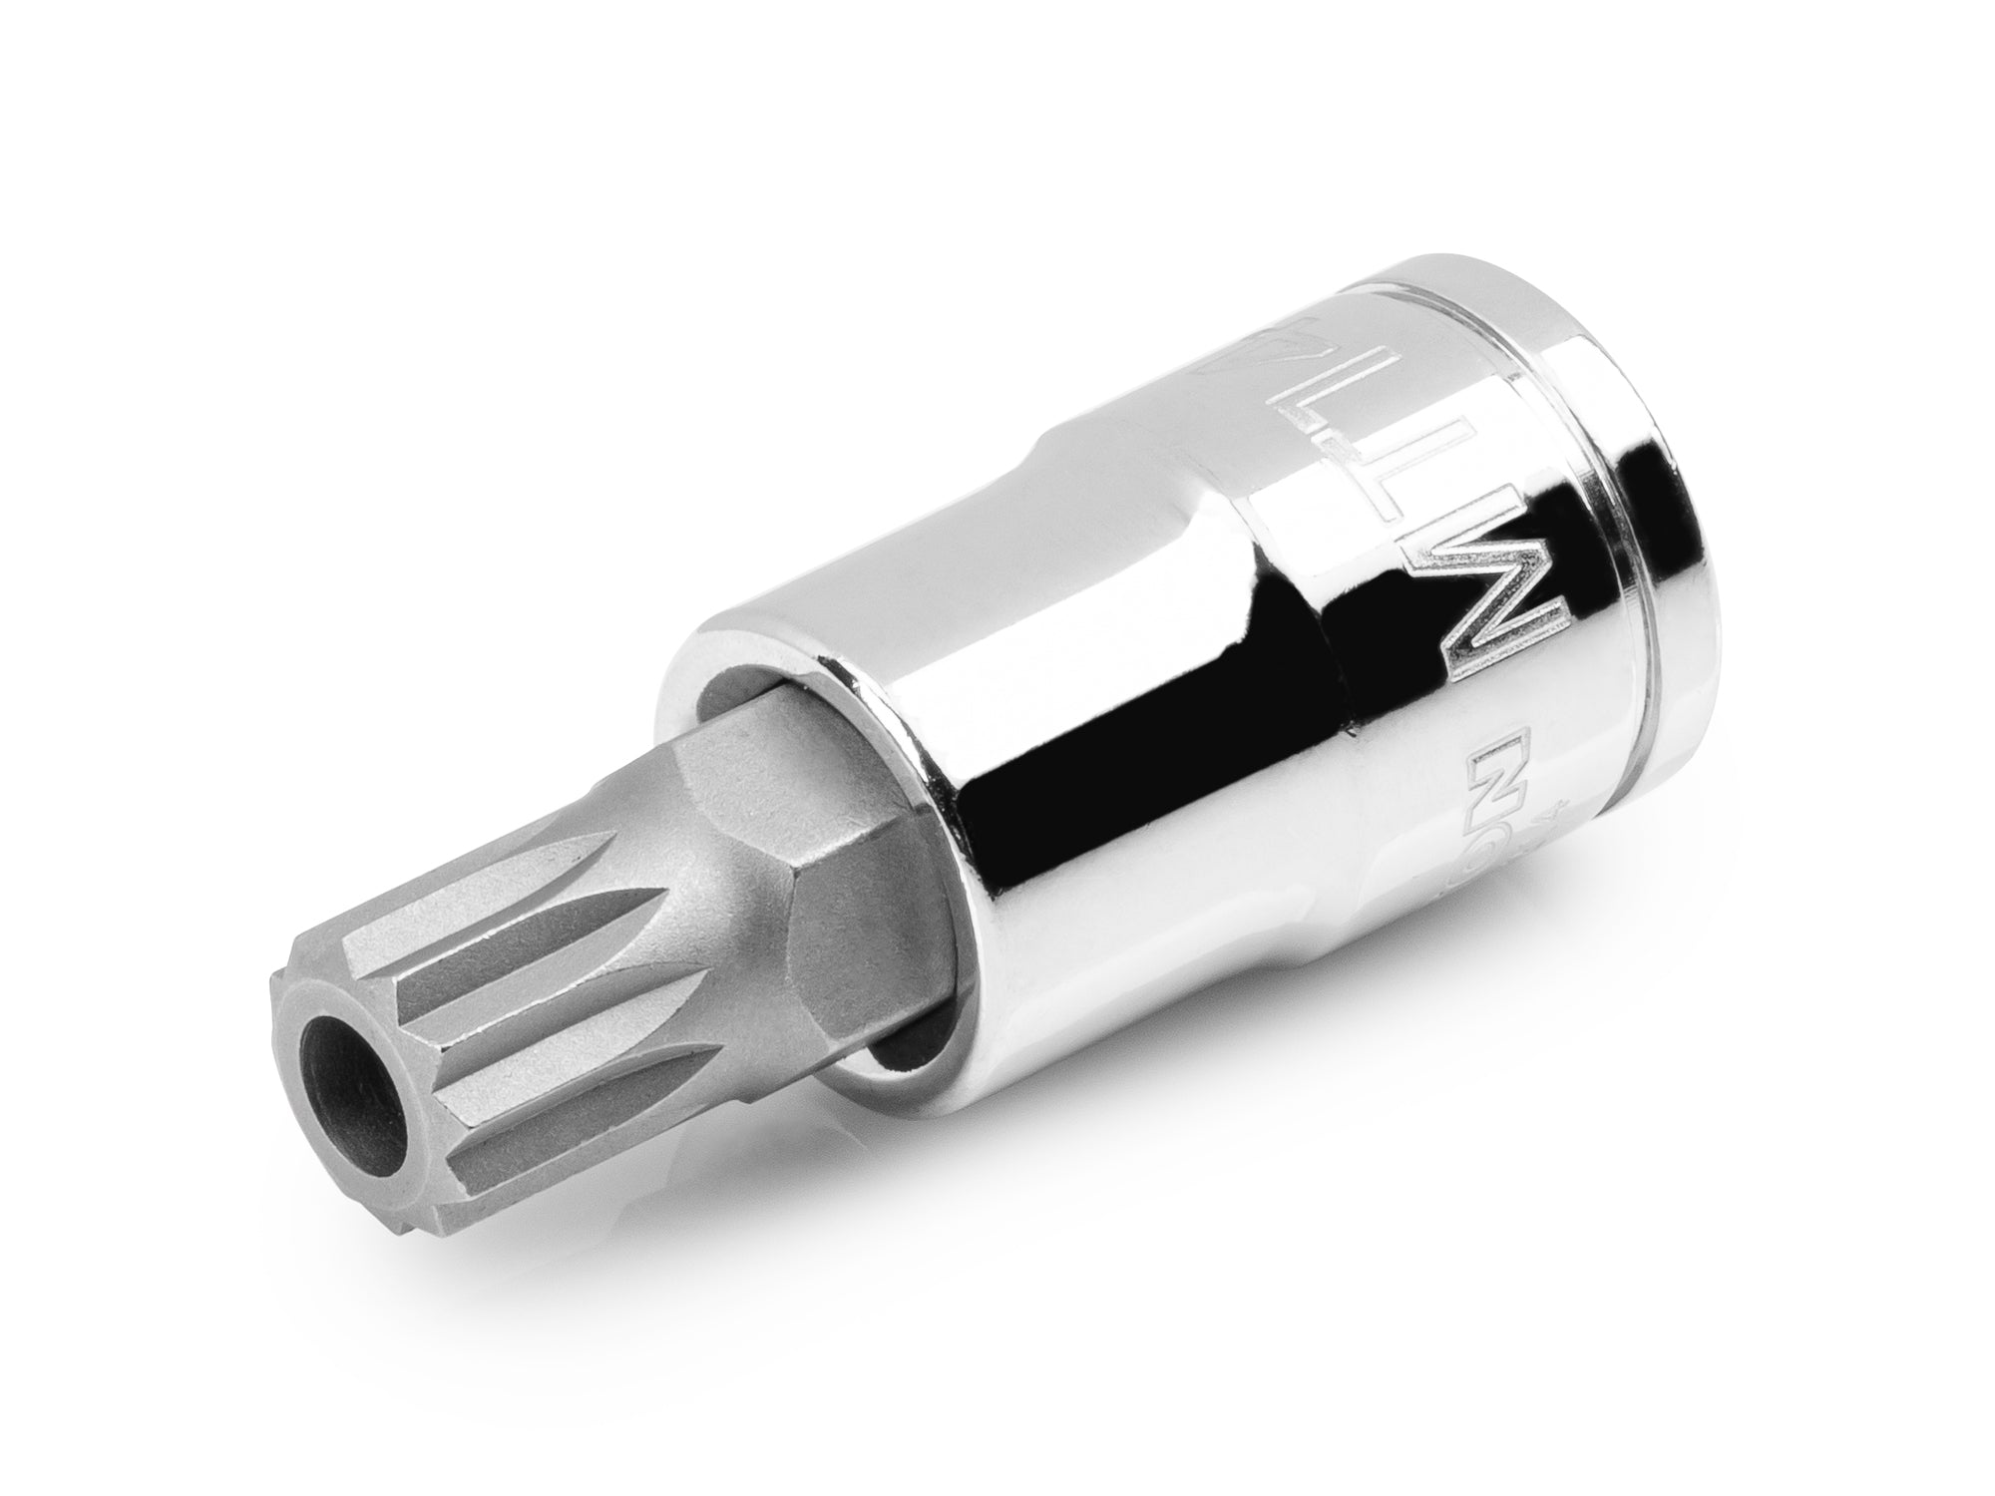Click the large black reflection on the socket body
point(1147,848)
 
